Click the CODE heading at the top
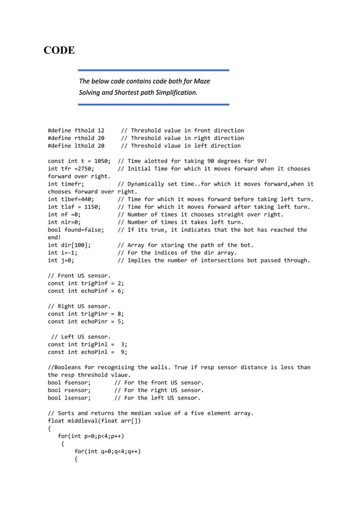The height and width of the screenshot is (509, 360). tap(59, 51)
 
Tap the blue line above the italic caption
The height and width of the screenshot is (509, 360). tap(153, 71)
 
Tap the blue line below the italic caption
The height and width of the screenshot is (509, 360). tap(153, 104)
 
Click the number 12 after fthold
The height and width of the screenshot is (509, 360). tap(100, 130)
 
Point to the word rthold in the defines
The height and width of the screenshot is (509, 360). tap(84, 138)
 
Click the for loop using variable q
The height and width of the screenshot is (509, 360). tap(107, 451)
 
